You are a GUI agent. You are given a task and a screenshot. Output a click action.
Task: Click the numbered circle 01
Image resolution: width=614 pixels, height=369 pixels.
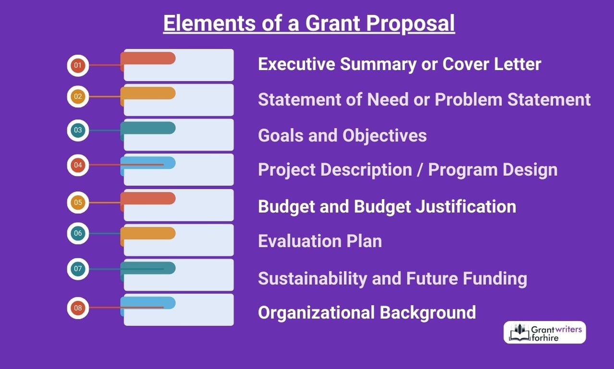[78, 65]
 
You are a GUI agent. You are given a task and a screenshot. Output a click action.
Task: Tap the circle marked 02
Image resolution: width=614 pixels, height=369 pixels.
[78, 97]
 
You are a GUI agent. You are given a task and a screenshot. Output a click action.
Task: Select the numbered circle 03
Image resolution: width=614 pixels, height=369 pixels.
[78, 130]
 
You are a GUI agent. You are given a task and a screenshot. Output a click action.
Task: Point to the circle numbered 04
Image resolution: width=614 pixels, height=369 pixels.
[78, 165]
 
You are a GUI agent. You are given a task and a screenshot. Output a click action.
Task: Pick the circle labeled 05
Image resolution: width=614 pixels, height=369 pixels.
[78, 202]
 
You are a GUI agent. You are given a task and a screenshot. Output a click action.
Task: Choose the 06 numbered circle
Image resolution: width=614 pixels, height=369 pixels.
[78, 234]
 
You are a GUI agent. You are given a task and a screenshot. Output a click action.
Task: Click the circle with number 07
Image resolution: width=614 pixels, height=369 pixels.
[78, 269]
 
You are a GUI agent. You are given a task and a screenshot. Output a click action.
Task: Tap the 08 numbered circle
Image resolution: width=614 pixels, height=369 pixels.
[78, 307]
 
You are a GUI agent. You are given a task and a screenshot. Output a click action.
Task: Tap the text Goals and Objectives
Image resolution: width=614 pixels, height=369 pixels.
[342, 135]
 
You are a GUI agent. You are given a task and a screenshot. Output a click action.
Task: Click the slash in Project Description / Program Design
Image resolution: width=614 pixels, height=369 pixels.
[420, 170]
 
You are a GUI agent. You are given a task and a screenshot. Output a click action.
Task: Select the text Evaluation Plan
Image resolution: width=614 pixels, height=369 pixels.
[320, 241]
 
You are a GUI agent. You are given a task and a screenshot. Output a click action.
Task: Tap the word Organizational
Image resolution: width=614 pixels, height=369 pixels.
[316, 312]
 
